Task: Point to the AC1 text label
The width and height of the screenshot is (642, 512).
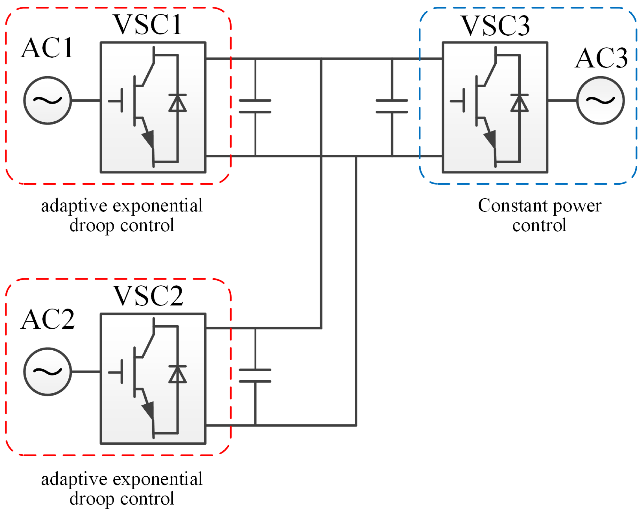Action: coord(47,48)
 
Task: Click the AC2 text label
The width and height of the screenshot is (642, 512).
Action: coord(48,319)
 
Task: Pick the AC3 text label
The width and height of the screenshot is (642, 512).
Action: coord(601,58)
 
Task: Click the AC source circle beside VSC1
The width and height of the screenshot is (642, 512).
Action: coord(48,100)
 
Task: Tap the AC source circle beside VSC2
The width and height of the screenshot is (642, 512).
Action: coord(48,372)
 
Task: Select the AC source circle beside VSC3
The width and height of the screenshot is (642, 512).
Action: coord(600,100)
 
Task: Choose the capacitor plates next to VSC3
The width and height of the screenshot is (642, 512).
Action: coord(392,106)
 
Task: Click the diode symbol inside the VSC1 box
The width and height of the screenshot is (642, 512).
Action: coord(178,103)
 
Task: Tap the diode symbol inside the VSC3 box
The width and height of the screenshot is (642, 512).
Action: coord(519,103)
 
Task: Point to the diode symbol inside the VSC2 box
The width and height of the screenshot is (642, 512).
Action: coord(178,374)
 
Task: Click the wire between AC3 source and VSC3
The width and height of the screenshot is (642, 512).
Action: coord(562,100)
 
